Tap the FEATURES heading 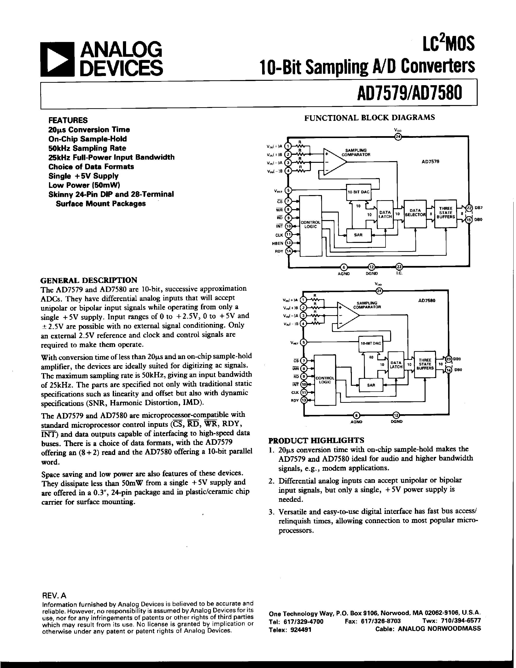[68, 120]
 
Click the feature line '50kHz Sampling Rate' [87, 148]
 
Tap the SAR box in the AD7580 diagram [371, 385]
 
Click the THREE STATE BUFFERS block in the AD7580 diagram [425, 364]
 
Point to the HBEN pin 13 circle [288, 243]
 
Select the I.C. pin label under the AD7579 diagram [399, 273]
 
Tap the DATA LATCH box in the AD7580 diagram [396, 365]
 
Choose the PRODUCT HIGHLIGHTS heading [316, 440]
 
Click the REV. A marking [54, 595]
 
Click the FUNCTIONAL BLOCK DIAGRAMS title [369, 117]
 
